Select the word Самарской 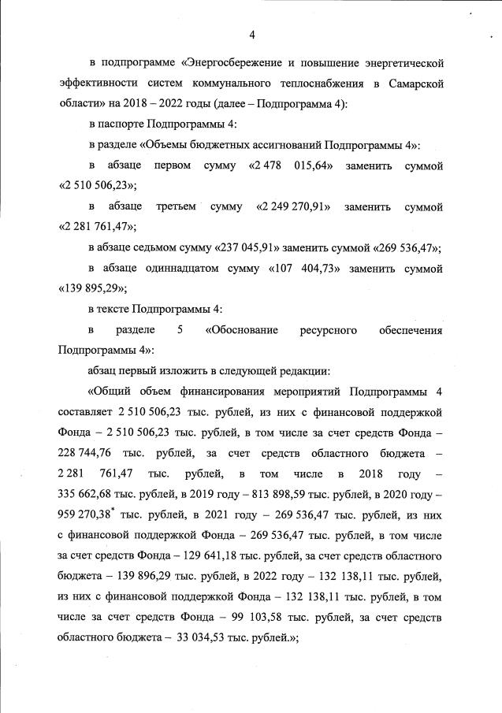[x=410, y=83]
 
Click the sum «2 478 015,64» [x=295, y=166]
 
